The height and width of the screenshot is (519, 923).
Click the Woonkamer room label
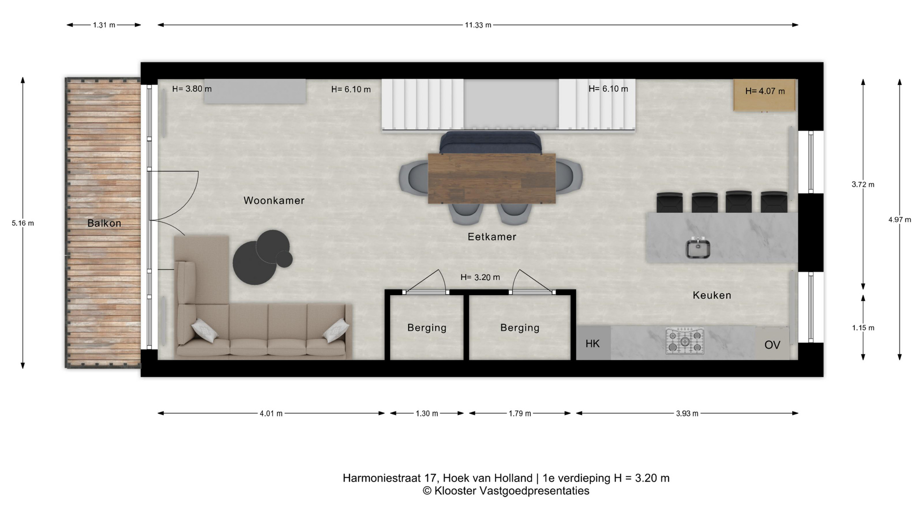click(x=274, y=200)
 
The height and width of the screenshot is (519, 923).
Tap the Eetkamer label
click(x=492, y=236)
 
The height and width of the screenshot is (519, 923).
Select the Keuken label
click(x=711, y=295)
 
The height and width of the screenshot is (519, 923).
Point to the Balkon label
click(x=104, y=223)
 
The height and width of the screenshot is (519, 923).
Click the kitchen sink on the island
click(x=698, y=248)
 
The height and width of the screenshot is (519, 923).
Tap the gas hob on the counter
click(x=685, y=341)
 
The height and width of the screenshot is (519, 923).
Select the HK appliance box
click(x=593, y=343)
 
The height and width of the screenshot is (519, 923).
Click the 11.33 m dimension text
click(x=478, y=25)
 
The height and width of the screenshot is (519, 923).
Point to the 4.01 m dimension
click(x=271, y=413)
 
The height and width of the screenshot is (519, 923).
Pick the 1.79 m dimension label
click(x=520, y=413)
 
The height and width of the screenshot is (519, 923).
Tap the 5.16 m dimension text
click(x=23, y=223)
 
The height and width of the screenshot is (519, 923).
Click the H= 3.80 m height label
click(x=192, y=89)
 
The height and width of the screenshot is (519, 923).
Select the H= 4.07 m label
click(x=765, y=91)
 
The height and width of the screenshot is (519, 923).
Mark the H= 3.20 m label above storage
click(x=480, y=277)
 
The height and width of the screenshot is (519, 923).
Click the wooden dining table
click(x=492, y=178)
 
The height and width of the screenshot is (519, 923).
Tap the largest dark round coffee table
click(x=255, y=262)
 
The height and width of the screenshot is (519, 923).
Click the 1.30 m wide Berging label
click(x=427, y=328)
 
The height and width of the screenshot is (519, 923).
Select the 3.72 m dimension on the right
click(x=863, y=184)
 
